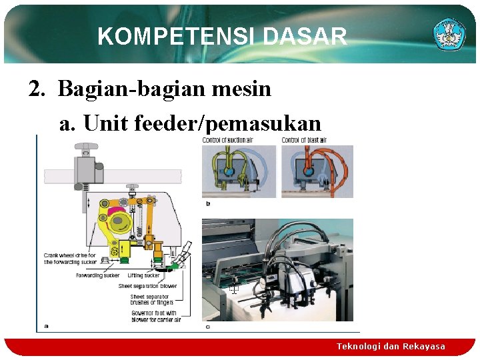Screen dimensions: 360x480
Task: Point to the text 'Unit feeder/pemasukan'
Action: point(190,123)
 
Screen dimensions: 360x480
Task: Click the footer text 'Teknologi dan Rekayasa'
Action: point(391,346)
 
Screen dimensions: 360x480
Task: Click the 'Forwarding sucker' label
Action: point(99,275)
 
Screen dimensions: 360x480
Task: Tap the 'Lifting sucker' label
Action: point(143,275)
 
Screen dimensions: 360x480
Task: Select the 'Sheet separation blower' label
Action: point(147,286)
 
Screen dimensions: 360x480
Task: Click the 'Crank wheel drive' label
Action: point(70,259)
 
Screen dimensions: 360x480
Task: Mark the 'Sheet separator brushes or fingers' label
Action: point(152,299)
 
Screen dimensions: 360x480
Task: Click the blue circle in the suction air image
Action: point(229,170)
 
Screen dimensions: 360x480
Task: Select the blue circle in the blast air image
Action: point(309,170)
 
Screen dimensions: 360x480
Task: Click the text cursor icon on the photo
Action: point(234,289)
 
